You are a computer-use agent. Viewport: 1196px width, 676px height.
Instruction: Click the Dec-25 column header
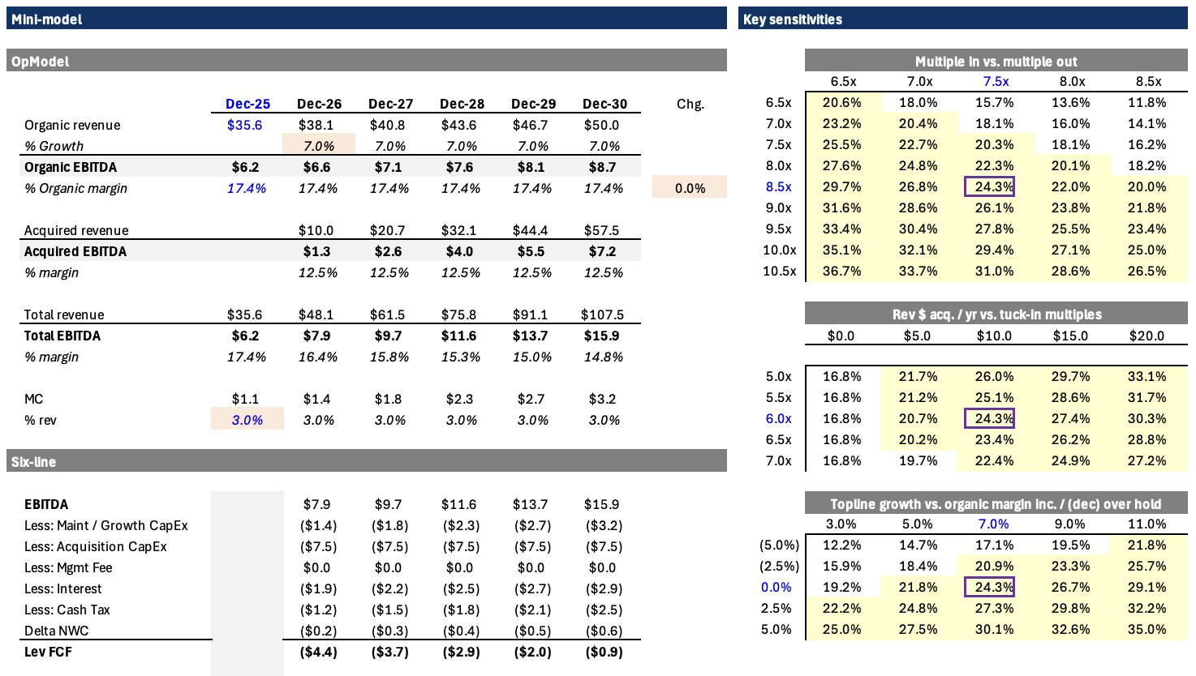247,104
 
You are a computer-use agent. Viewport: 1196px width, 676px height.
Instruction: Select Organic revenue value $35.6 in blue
244,125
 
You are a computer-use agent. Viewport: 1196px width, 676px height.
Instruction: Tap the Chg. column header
690,104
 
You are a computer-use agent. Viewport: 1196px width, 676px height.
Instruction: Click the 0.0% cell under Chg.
690,188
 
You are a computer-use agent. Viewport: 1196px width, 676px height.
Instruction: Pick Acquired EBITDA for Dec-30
602,251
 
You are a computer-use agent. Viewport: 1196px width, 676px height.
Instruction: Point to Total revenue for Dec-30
602,314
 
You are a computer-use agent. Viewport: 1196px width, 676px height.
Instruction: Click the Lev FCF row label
48,652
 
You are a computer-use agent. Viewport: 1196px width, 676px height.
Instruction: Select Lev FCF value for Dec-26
318,652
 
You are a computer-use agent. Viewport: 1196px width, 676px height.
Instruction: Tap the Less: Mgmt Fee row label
68,567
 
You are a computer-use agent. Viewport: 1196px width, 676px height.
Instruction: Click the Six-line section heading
33,461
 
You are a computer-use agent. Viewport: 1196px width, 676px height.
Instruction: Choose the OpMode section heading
40,62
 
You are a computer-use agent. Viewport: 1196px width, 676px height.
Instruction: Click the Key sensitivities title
793,19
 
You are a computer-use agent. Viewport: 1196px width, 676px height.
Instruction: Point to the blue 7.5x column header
996,81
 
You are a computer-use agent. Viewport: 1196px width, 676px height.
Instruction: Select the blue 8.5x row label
778,186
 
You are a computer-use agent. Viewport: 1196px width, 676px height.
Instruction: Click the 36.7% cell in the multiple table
841,271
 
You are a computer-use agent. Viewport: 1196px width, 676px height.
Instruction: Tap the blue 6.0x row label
778,418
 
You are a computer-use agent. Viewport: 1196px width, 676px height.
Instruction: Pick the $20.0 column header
1147,336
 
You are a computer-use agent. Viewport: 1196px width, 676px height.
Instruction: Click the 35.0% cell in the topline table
1147,629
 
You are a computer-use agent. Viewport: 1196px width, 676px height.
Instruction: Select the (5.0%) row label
780,545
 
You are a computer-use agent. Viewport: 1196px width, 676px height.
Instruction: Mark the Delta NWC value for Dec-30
604,631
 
